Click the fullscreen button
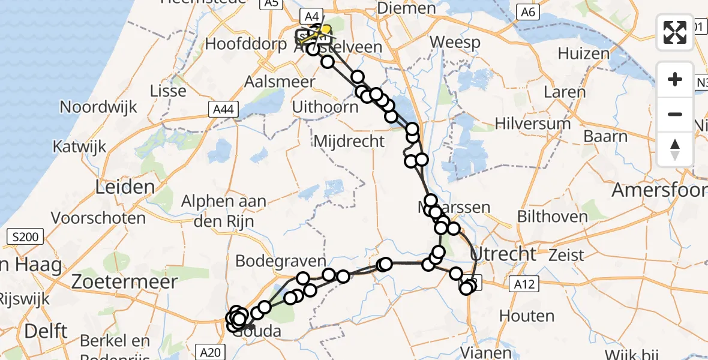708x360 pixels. pos(675,32)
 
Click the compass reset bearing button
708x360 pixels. pos(675,149)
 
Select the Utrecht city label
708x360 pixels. pos(503,253)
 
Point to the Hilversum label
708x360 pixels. pos(533,124)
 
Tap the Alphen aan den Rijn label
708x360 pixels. pos(224,211)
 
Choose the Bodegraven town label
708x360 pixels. pos(281,261)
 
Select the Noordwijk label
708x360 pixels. pos(98,107)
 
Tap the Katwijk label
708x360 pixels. pos(80,146)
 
